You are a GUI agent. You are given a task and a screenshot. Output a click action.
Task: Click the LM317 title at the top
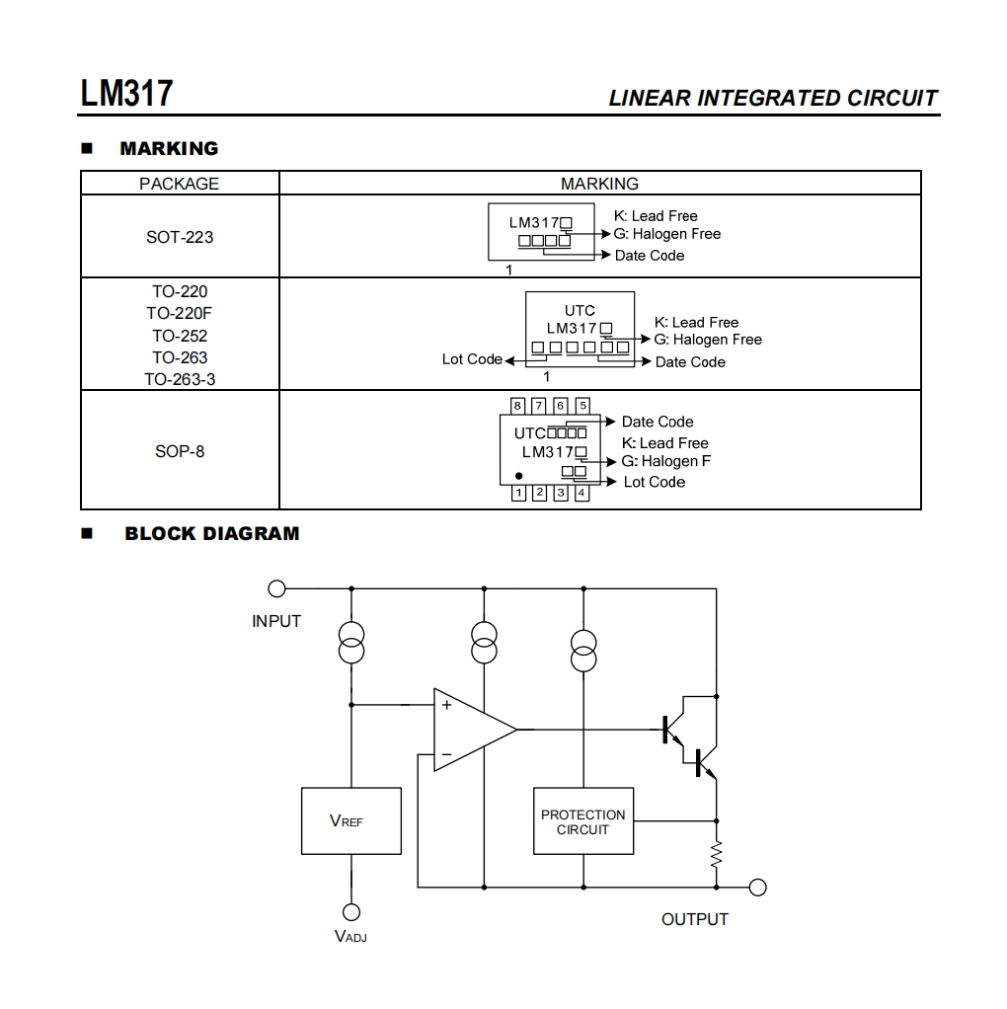tap(127, 95)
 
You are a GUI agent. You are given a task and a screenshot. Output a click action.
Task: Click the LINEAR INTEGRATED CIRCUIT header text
tap(772, 99)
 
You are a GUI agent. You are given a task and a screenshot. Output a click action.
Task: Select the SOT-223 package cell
tap(180, 237)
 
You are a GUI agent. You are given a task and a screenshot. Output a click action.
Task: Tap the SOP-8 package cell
tap(180, 451)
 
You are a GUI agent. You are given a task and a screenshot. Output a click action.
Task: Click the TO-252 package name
tap(180, 336)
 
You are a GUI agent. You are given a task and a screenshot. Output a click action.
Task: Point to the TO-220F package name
tap(180, 314)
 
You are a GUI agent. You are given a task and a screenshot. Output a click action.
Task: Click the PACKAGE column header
tap(180, 184)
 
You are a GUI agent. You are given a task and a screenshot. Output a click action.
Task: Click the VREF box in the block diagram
tap(350, 820)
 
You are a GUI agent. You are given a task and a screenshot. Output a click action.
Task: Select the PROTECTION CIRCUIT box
tap(582, 821)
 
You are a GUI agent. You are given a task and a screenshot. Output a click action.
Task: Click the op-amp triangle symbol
tap(469, 731)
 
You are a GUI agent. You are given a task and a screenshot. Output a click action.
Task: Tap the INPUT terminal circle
tap(277, 588)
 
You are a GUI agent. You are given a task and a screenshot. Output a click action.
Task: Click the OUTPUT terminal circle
tap(757, 887)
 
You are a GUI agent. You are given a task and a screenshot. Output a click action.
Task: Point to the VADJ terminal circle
tap(350, 912)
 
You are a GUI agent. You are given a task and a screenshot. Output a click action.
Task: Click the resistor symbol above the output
tap(717, 854)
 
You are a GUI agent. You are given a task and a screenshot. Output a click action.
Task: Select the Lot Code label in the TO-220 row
tap(472, 359)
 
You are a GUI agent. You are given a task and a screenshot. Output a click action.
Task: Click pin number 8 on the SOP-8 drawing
tap(517, 406)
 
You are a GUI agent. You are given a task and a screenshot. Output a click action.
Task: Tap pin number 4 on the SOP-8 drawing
tap(581, 493)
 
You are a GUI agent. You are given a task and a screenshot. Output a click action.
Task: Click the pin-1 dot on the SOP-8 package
tap(519, 476)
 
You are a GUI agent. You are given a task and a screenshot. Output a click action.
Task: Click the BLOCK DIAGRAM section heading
tap(211, 534)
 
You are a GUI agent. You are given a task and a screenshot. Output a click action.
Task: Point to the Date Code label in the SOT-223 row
tap(649, 256)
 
